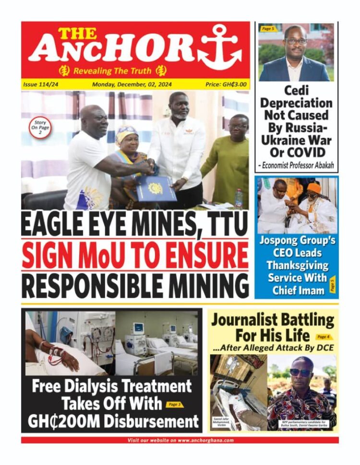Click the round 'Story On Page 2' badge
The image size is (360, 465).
pos(40,129)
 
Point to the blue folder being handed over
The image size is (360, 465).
pos(156,189)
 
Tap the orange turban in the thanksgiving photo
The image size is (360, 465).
pos(315,188)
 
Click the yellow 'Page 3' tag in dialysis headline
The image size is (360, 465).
pos(174,405)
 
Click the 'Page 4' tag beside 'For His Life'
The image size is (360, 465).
pos(324,337)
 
